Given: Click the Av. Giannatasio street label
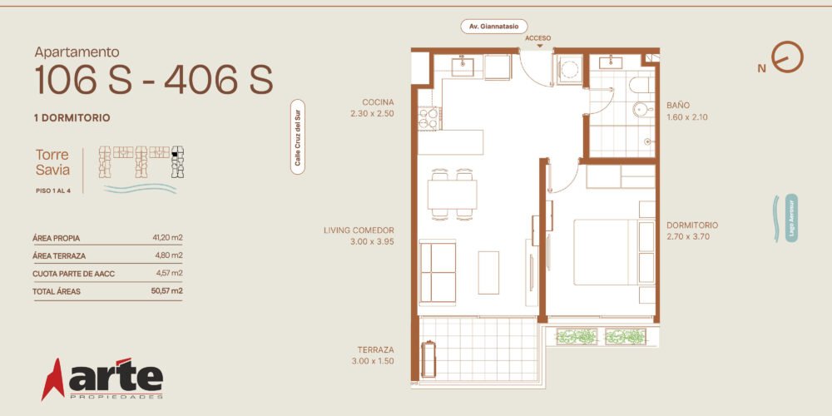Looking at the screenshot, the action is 493,27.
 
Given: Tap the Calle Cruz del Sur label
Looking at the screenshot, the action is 298,137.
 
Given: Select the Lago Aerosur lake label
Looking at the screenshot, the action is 791,218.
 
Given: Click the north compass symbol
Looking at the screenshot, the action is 787,57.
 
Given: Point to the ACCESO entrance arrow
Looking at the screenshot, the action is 539,46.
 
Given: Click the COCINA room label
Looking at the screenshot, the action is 378,102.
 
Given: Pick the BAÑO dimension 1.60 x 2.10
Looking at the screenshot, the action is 687,117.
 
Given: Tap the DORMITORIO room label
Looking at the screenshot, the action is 692,225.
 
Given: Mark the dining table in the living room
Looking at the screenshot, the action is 452,194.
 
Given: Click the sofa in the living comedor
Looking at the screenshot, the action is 438,273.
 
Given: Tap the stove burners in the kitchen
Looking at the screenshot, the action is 428,118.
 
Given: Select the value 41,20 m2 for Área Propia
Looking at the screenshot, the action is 168,238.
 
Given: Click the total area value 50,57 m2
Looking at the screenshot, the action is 166,290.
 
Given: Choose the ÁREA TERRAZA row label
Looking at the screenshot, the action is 59,255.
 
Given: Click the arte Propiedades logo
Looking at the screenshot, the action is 102,379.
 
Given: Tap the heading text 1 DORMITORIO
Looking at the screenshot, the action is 72,118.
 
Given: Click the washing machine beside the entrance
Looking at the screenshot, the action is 569,70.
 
